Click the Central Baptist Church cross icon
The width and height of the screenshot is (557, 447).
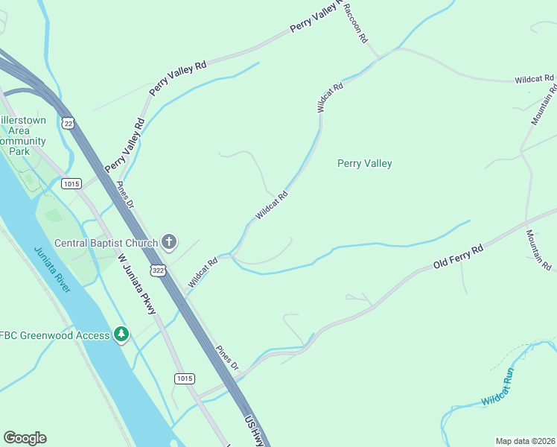[x=170, y=241]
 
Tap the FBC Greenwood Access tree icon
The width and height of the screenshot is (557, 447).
[x=121, y=335]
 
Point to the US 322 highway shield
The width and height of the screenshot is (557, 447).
[x=157, y=270]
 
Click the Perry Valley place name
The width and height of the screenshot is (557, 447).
[x=364, y=163]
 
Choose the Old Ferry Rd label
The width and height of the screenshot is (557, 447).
[x=459, y=256]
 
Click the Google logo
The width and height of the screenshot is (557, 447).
[x=25, y=438]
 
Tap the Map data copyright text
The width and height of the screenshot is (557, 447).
[x=525, y=440]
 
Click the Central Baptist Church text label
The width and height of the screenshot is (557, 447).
[x=106, y=242]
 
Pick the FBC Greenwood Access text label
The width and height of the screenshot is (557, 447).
[x=55, y=335]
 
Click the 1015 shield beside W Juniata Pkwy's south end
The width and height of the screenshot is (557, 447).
[x=185, y=378]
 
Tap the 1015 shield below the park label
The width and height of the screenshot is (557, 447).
[x=71, y=183]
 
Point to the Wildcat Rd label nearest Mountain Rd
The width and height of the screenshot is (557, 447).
[x=534, y=77]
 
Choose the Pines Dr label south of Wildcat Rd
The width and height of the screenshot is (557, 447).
[x=226, y=358]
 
